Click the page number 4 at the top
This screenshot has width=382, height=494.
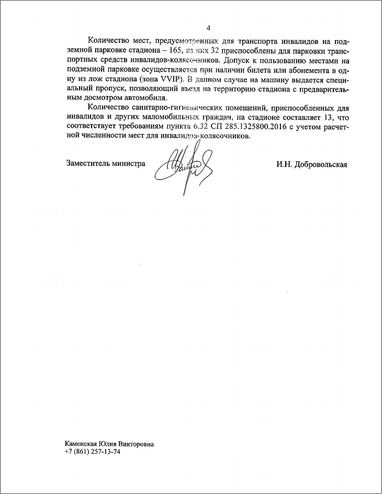coord(208,28)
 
